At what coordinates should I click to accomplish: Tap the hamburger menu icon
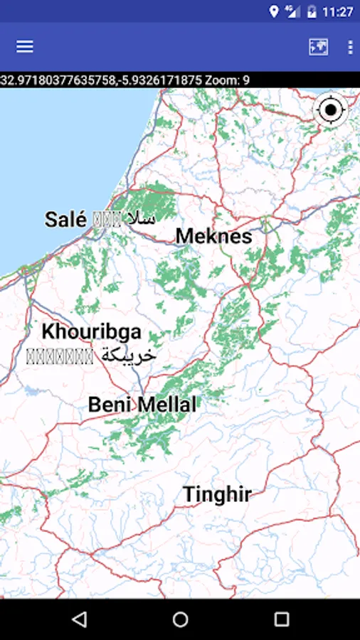coord(25,46)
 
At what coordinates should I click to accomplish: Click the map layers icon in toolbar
coord(318,47)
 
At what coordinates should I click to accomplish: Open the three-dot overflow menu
coord(349,47)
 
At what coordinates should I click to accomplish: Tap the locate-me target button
coord(331,110)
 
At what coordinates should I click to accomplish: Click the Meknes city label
coord(213,236)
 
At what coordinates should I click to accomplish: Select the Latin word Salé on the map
coord(65,219)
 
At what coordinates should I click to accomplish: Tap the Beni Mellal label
coord(142,405)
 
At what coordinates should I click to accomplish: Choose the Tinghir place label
coord(217,494)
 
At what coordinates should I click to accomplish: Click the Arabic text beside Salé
coord(141,218)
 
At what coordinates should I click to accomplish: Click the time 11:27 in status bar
coord(337,11)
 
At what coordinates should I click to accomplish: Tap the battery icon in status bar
coord(312,11)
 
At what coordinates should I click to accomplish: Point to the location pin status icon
coord(274,11)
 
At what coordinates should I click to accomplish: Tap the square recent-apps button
coord(282,619)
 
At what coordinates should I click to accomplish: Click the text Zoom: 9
coord(226,80)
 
